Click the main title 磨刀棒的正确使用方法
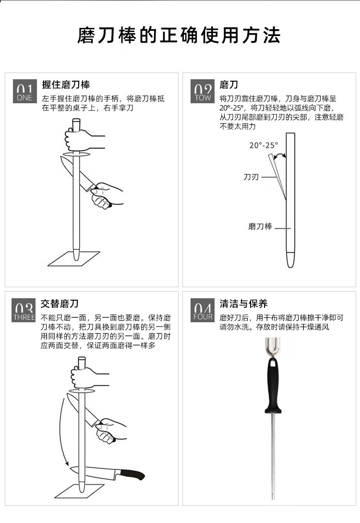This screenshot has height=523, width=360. (179, 36)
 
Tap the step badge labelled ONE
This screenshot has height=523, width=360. (24, 91)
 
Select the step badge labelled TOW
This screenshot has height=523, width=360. (203, 91)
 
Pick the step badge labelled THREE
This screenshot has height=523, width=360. (24, 311)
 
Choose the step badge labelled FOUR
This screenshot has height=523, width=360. (203, 311)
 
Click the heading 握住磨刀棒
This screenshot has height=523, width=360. (66, 85)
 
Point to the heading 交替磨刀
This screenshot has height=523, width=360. (60, 304)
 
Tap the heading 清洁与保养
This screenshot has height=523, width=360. (243, 304)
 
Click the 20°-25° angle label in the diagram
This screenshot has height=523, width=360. (264, 145)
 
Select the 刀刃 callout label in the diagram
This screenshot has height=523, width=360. (251, 177)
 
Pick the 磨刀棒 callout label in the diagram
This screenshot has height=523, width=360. (260, 227)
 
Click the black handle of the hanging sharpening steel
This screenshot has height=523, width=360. (273, 386)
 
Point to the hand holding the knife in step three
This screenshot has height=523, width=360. (110, 430)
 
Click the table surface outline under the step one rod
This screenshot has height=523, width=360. (73, 259)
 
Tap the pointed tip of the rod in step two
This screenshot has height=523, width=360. (290, 267)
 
